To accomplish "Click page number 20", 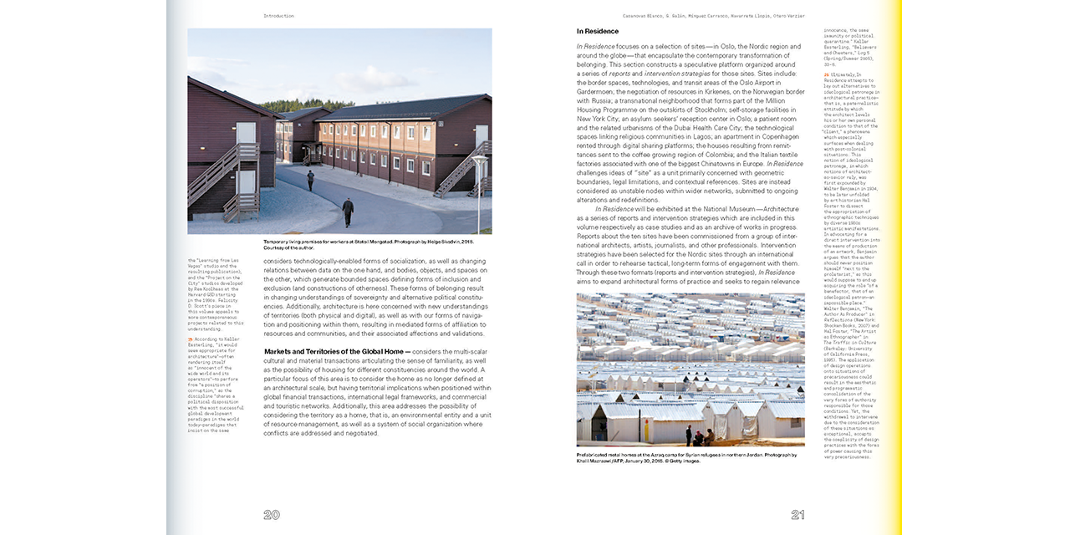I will coord(272,515).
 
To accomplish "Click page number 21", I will coord(797,515).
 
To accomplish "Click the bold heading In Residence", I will coord(598,32).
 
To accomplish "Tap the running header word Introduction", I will coord(278,15).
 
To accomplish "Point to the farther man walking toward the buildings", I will coord(311,180).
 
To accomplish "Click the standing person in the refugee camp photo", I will coord(688,435).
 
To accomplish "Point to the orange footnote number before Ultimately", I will coord(827,74).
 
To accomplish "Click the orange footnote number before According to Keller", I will coord(191,339).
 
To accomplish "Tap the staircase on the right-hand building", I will coord(457,168).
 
